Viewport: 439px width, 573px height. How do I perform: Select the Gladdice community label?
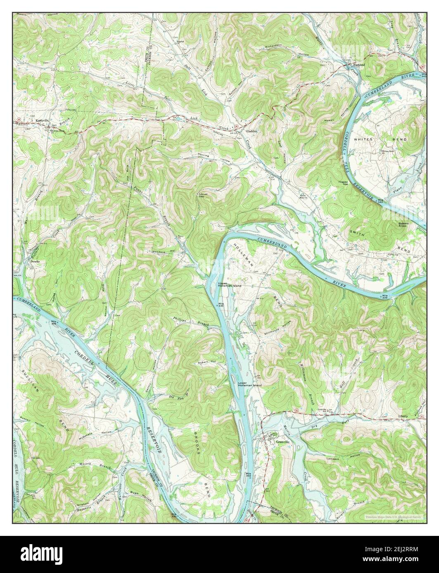[x=252, y=132]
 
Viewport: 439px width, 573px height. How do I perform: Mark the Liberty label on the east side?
[x=403, y=416]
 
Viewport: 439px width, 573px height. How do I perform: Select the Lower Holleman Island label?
[x=250, y=384]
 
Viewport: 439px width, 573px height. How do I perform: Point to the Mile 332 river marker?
[x=249, y=475]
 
